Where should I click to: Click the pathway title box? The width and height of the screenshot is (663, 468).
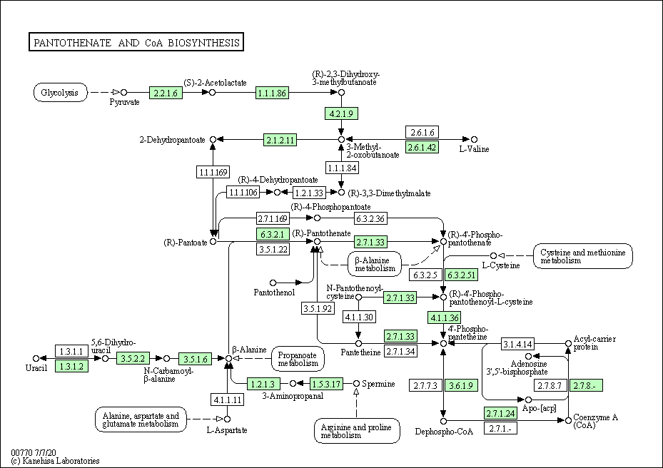coord(136,42)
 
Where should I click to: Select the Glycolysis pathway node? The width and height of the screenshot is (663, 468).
coord(61,93)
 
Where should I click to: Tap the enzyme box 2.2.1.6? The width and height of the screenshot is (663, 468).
coord(166,93)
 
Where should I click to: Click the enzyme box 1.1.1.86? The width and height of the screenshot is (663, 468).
coord(273,93)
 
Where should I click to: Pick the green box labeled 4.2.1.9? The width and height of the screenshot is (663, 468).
coord(341,113)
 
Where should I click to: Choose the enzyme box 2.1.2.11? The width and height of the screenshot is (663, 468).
coord(280,140)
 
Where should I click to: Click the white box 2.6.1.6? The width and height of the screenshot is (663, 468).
coord(422,132)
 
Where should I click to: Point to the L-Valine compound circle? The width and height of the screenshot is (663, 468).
coord(475,140)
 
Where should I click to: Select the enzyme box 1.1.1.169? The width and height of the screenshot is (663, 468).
coord(213,172)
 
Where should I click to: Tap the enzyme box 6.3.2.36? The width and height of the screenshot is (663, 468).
coord(371,218)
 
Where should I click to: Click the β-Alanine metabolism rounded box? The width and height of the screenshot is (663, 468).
coord(375,264)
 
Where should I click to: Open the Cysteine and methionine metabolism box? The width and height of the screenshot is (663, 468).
coord(582,256)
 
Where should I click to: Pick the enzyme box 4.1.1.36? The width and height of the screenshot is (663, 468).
coord(445,317)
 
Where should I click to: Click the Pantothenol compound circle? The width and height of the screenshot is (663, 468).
coord(273,283)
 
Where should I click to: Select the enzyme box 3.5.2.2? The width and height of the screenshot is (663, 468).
coord(133,359)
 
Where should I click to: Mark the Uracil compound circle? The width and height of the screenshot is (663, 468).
coord(36,359)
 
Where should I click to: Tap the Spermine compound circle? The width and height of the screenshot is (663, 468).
coord(356,383)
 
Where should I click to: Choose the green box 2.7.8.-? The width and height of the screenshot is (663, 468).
coord(586,385)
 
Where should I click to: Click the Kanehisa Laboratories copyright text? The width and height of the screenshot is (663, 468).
coord(56,461)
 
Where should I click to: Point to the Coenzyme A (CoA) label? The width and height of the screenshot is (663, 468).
coord(595,421)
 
